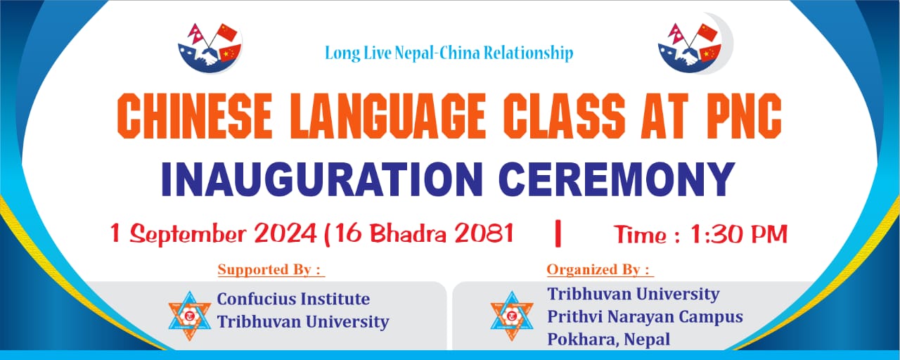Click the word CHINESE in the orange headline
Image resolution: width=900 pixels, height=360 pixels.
[194, 116]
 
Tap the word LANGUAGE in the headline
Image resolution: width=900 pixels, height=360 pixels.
[390, 116]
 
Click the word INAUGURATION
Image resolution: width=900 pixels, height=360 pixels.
[321, 179]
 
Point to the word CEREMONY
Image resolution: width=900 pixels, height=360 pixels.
[619, 179]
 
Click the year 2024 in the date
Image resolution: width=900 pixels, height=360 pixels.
[285, 233]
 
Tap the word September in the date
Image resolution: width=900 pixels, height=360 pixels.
[188, 234]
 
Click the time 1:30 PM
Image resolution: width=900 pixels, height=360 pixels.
[738, 234]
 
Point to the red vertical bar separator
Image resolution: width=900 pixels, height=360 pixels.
[558, 233]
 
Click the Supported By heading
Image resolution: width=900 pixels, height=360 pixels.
[271, 269]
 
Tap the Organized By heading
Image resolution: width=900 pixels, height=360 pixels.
[600, 269]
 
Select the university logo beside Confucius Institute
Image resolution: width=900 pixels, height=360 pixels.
[190, 316]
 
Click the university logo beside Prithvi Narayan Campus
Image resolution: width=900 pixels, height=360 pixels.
[512, 316]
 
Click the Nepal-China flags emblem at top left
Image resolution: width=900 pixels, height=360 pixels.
[210, 48]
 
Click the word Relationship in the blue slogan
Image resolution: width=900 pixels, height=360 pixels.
[527, 53]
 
